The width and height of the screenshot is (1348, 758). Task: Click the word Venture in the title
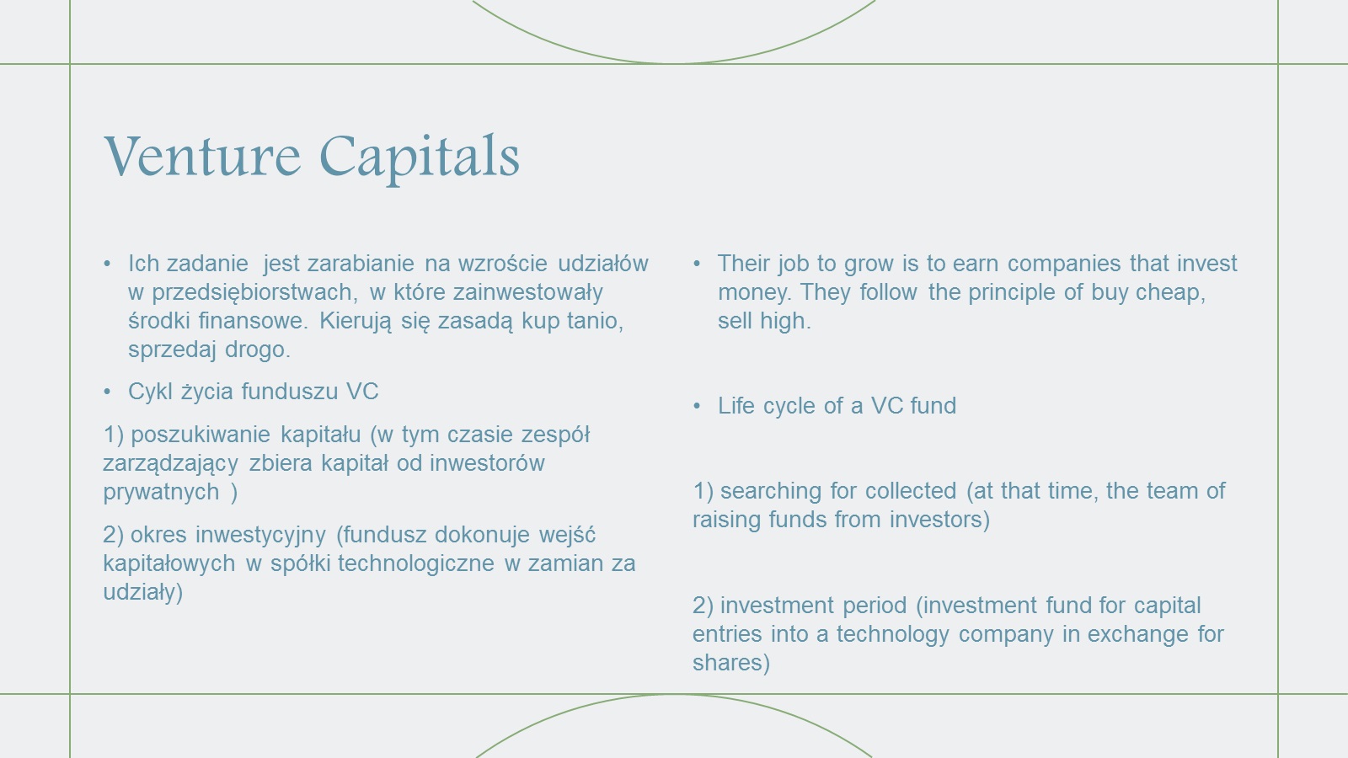coord(202,156)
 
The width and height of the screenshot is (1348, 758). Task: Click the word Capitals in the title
coord(419,158)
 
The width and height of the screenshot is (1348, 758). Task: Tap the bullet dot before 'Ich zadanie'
coord(107,264)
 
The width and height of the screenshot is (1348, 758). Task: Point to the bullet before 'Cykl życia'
coord(107,392)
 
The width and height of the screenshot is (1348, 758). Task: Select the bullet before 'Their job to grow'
coord(697,264)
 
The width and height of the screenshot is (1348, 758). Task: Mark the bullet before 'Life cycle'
coord(697,406)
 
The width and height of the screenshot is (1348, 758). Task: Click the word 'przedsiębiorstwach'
coord(254,292)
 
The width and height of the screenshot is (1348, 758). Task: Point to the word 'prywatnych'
coord(161,492)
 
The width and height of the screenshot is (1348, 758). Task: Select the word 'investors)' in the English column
coord(939,520)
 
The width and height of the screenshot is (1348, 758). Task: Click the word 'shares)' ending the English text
coord(731,663)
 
